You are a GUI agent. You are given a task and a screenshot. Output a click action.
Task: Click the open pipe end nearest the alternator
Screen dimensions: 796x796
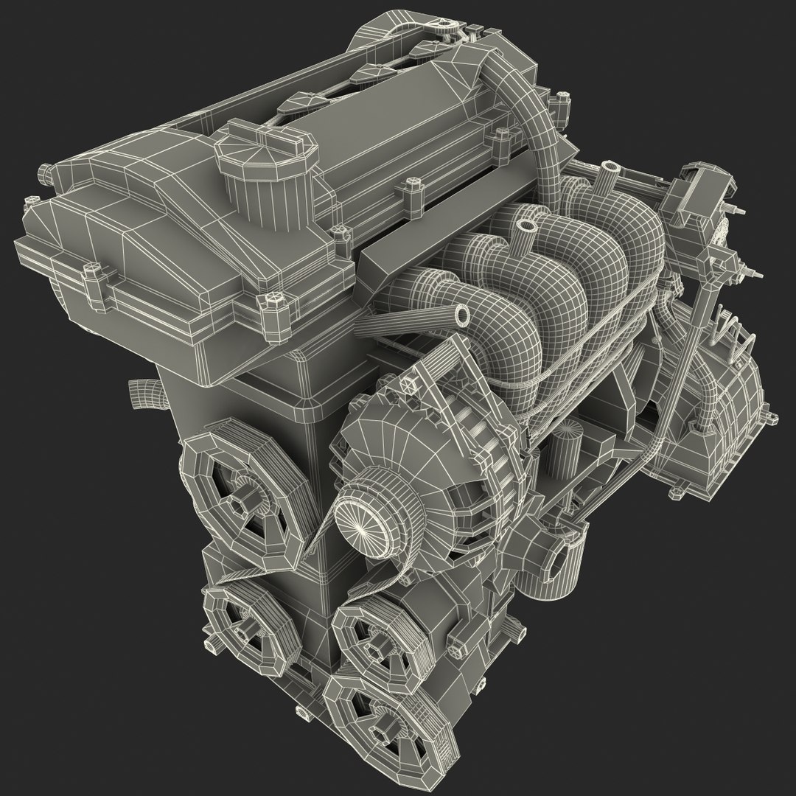coord(462,315)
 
